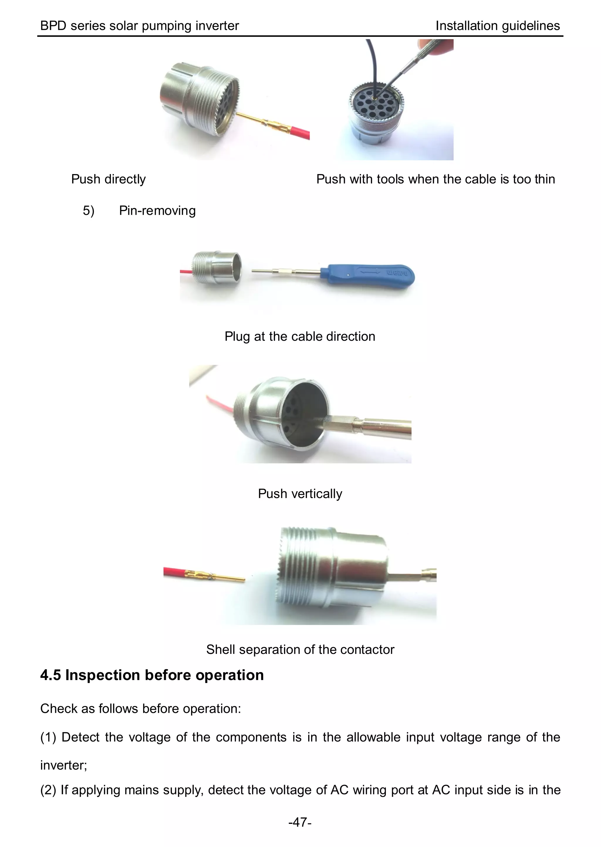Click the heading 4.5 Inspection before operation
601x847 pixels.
pyautogui.click(x=152, y=675)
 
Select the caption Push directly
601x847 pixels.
pyautogui.click(x=108, y=179)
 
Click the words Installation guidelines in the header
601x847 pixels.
pyautogui.click(x=497, y=26)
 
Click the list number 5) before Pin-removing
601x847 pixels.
pyautogui.click(x=88, y=210)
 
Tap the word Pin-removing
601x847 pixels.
pyautogui.click(x=157, y=210)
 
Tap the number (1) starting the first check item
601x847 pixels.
pyautogui.click(x=48, y=737)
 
